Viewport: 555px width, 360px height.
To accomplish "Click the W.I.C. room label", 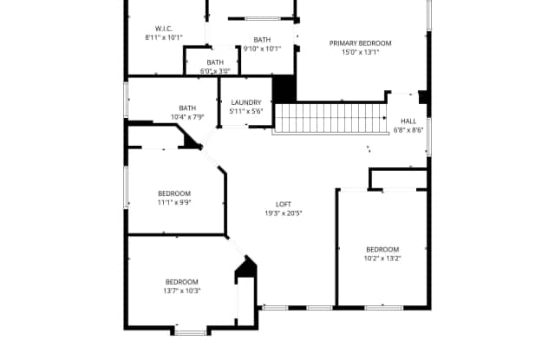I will point(164,29).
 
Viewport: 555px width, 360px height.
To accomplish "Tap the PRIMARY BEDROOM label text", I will point(360,43).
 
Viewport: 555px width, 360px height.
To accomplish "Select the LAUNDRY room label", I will point(246,102).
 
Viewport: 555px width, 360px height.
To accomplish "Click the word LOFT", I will point(284,204).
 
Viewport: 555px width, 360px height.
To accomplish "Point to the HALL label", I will point(408,121).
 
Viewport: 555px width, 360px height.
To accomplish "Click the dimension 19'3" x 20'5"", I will point(284,213).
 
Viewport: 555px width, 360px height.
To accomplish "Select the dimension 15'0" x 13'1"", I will point(360,52).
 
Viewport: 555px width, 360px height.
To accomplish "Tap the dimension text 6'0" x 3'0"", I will point(215,71).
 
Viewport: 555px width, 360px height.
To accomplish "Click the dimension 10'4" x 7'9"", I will point(186,117).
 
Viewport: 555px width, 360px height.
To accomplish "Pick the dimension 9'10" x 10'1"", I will point(262,49).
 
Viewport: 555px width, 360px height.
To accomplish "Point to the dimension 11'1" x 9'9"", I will point(174,202).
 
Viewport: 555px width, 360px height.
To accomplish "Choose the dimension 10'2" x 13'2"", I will point(382,258).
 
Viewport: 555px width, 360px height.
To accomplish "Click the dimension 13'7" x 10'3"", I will point(182,291).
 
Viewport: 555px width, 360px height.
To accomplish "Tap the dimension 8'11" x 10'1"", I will point(164,38).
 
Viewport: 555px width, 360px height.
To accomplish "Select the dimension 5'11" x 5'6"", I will point(246,111).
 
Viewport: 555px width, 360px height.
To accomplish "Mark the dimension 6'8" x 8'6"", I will point(408,130).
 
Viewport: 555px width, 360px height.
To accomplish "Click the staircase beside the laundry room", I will point(329,118).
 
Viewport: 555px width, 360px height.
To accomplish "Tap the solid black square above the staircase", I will point(284,88).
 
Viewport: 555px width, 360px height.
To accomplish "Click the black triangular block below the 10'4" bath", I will point(190,141).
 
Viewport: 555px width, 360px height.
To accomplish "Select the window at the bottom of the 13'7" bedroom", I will point(190,331).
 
